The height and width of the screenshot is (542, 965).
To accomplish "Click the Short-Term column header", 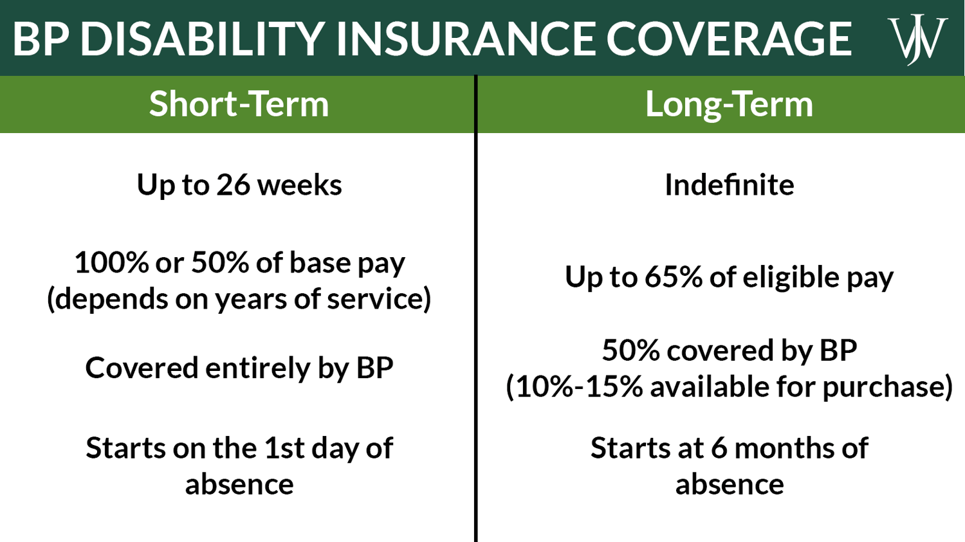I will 239,104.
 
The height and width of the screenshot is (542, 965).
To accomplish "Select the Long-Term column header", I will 729,104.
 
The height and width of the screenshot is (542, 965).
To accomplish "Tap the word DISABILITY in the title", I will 201,39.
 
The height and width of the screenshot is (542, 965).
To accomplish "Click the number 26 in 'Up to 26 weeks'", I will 233,185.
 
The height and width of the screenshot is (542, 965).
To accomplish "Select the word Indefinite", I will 729,185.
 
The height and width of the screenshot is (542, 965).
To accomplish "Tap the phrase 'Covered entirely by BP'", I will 239,368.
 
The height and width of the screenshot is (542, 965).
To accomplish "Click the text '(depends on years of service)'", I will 239,299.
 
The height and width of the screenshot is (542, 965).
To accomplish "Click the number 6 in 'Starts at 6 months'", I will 719,448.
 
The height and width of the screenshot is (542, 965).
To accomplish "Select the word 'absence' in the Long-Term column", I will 729,484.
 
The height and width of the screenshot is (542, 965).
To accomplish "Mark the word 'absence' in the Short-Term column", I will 239,484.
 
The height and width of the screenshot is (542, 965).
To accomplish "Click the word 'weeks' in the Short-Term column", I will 299,185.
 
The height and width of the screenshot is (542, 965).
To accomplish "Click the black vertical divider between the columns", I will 476,321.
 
